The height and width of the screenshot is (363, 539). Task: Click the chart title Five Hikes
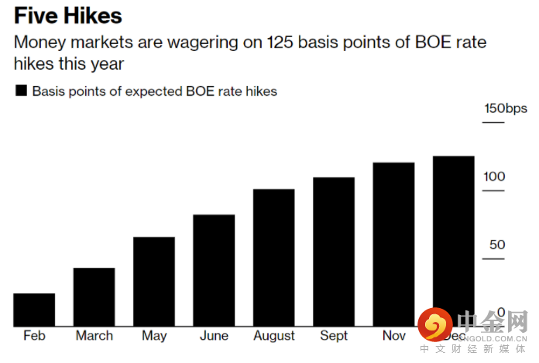pos(68,15)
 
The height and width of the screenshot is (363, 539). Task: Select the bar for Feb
pos(34,310)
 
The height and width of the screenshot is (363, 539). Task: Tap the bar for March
pos(94,297)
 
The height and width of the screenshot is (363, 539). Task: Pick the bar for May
pos(153,282)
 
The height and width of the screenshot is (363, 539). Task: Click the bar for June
pos(214,270)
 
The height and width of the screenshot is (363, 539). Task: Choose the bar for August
pos(273,258)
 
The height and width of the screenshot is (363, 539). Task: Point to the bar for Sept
pos(334,252)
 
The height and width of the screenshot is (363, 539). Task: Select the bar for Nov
pos(393,245)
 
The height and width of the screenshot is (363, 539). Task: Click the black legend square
pos(22,91)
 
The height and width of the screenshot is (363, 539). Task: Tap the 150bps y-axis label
pos(506,108)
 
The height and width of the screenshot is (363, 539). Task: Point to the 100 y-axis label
pos(494,176)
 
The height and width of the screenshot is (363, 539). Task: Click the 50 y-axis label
pos(496,245)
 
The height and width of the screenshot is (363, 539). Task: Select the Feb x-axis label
pos(34,336)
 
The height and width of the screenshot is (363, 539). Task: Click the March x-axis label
pos(94,336)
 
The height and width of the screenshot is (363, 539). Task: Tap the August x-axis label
pos(273,336)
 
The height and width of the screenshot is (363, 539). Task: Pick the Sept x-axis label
pos(334,336)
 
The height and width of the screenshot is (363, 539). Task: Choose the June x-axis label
pos(214,336)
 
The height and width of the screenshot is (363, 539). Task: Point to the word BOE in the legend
pos(195,91)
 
